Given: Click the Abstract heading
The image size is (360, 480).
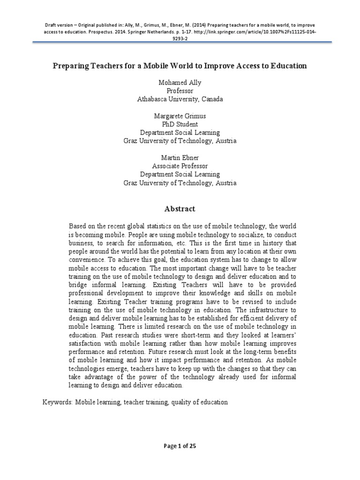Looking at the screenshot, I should tap(180, 209).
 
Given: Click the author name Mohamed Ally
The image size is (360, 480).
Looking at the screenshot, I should tap(180, 82).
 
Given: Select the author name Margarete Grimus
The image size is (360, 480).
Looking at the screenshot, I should tap(180, 116).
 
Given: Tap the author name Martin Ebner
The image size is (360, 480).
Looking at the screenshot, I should tap(180, 158).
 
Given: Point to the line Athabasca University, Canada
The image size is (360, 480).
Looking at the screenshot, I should tap(180, 99).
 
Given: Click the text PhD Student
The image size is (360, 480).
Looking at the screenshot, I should tap(180, 124).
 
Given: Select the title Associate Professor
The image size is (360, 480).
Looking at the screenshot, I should tap(180, 166).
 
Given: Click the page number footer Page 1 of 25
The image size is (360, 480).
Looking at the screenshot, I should tap(180, 446).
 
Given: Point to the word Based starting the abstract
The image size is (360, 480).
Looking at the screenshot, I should tap(78, 226).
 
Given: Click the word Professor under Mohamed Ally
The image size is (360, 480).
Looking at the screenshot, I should tap(180, 90).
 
